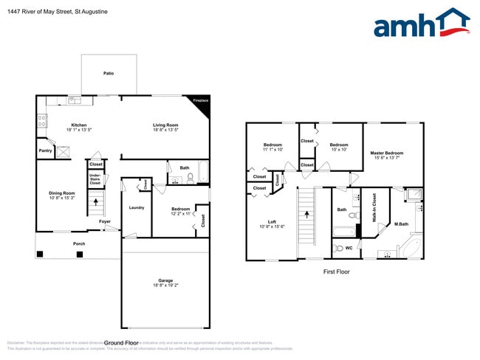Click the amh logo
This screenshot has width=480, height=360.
[421, 23]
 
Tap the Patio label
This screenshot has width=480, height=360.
[108, 74]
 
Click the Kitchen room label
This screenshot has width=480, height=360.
[79, 125]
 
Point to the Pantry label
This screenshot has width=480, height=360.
[45, 150]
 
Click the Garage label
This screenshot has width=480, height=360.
[165, 280]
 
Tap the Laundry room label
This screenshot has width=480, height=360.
[136, 208]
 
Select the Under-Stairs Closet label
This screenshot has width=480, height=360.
[95, 179]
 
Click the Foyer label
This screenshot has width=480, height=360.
[106, 221]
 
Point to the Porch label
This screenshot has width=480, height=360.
[78, 243]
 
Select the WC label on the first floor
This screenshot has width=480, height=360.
[349, 248]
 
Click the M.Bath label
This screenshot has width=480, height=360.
[402, 224]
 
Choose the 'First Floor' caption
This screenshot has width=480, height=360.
[336, 271]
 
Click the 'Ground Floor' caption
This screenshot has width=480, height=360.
[122, 343]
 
